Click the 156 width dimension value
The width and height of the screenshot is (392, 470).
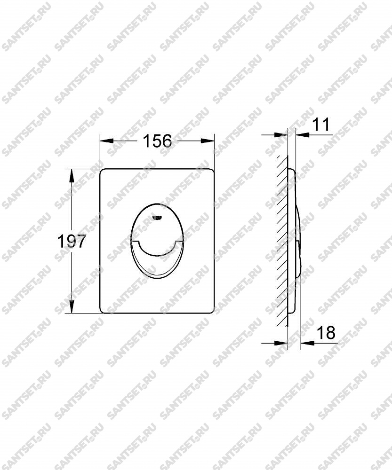(157, 141)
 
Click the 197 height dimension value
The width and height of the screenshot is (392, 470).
(72, 241)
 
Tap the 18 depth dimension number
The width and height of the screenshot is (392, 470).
(326, 332)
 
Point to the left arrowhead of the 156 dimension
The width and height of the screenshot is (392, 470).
(106, 141)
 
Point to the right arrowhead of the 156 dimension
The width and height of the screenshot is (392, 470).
(208, 141)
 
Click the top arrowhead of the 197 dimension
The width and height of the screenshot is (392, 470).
(72, 176)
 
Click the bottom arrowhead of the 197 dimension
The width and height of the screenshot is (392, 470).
(72, 306)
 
